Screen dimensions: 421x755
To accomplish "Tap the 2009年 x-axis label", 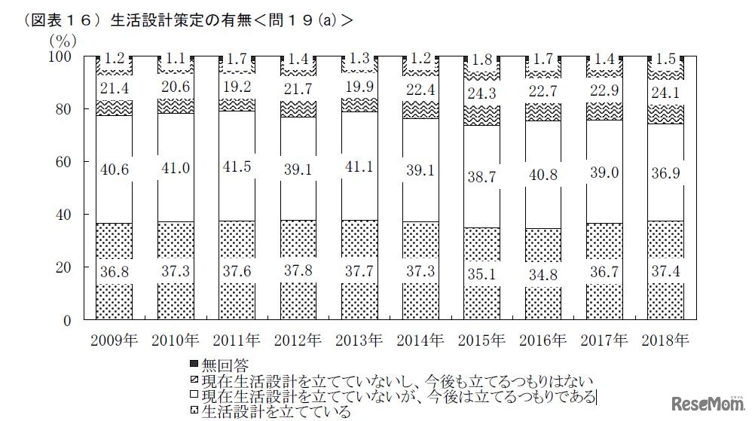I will click(x=114, y=340).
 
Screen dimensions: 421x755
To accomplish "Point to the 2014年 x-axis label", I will click(x=419, y=340).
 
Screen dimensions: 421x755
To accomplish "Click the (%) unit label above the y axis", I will click(x=63, y=37).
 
